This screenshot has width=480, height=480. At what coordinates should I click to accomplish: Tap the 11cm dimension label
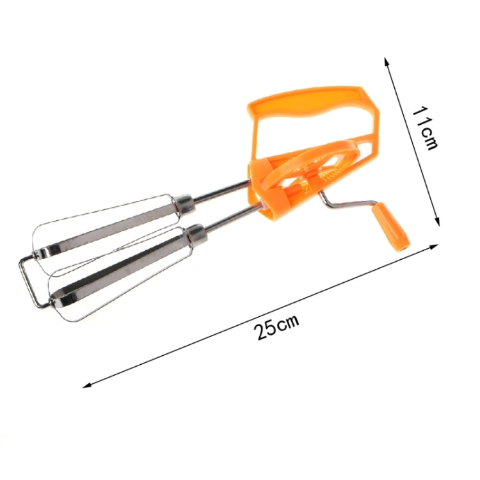click(424, 127)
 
